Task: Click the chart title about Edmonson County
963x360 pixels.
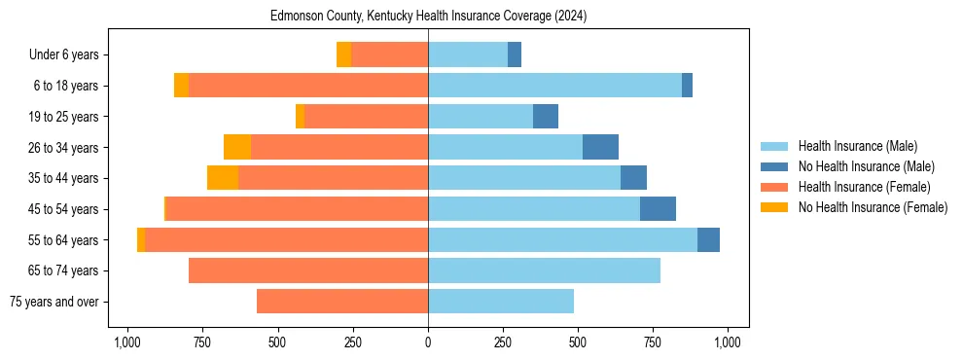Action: coord(428,17)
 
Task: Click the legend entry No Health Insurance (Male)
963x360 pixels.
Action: coord(866,166)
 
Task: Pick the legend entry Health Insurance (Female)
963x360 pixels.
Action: coord(864,187)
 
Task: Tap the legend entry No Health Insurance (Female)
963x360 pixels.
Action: coord(873,207)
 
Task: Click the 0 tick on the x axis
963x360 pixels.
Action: coord(428,342)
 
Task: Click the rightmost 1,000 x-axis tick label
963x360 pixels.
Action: coord(729,342)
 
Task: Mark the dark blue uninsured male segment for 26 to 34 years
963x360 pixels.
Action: coord(600,147)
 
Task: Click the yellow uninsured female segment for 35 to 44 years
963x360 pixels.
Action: coord(223,178)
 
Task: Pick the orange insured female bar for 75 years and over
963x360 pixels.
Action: coord(342,302)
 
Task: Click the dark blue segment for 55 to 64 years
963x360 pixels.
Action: coord(708,239)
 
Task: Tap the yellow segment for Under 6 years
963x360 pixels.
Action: coord(343,54)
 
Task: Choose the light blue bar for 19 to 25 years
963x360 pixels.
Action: coord(481,117)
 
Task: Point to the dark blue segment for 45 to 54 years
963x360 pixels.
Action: coord(658,209)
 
